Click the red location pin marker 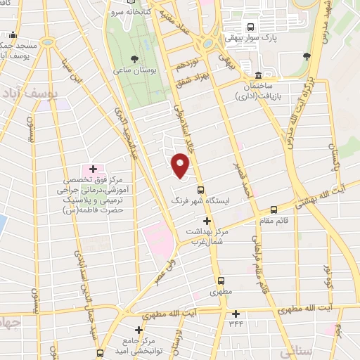pos(181,166)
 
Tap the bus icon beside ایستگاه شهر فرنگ pos(201,189)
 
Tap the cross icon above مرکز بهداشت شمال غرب pos(206,221)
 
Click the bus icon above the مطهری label pos(220,279)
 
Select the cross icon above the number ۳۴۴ pos(236,313)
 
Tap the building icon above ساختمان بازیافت pos(259,75)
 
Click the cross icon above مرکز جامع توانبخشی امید pos(139,329)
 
